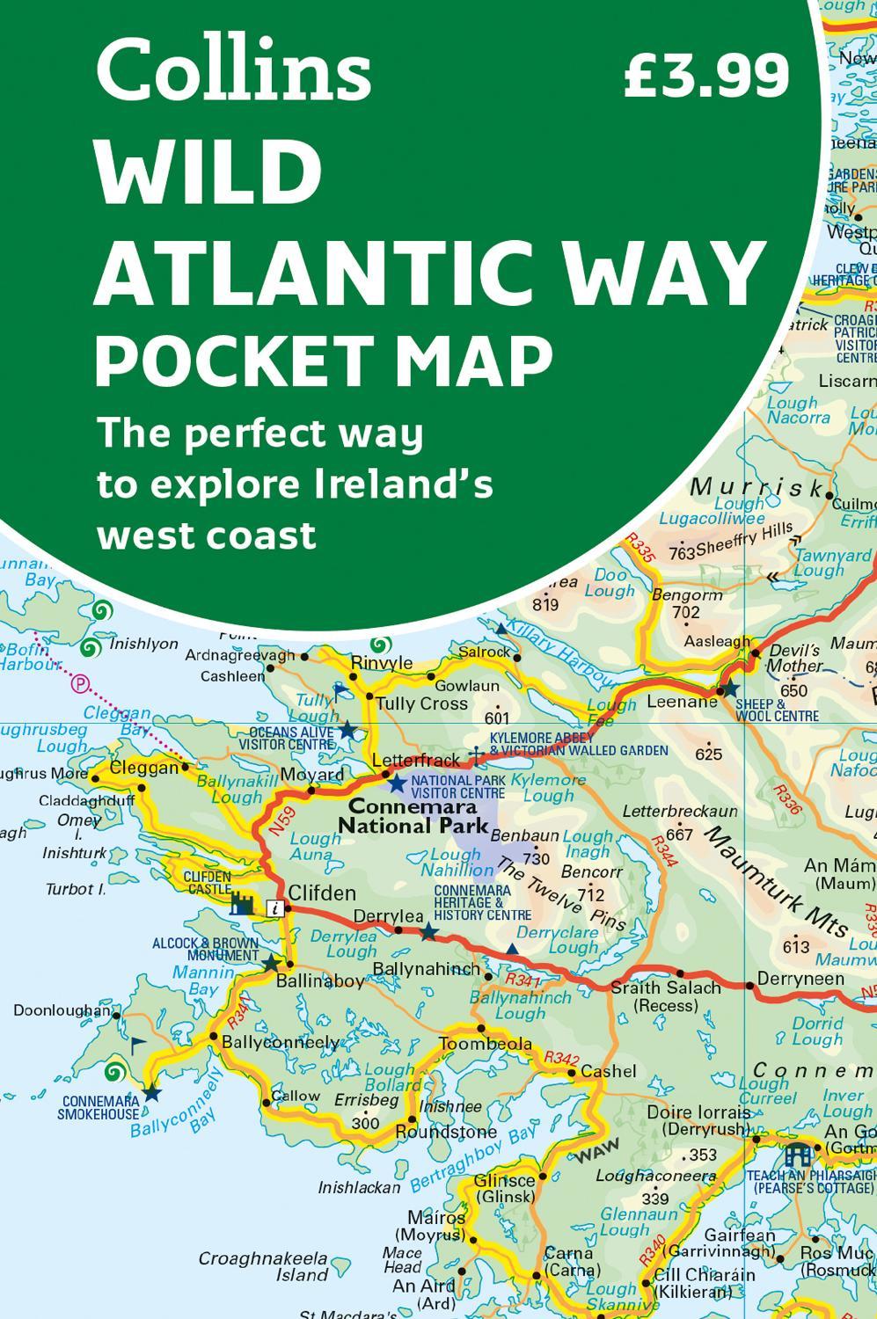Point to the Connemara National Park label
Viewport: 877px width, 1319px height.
[x=413, y=815]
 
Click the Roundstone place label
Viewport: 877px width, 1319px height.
[x=446, y=1132]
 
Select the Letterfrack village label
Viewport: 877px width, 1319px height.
[x=416, y=760]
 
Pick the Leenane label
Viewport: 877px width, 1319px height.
[x=682, y=702]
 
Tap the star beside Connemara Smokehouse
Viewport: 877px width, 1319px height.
[x=152, y=1093]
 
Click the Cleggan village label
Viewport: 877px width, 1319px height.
[x=145, y=768]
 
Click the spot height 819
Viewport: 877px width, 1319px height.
[x=545, y=604]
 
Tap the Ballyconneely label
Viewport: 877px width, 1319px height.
[x=281, y=1042]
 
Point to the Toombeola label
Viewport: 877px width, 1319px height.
[x=486, y=1044]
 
